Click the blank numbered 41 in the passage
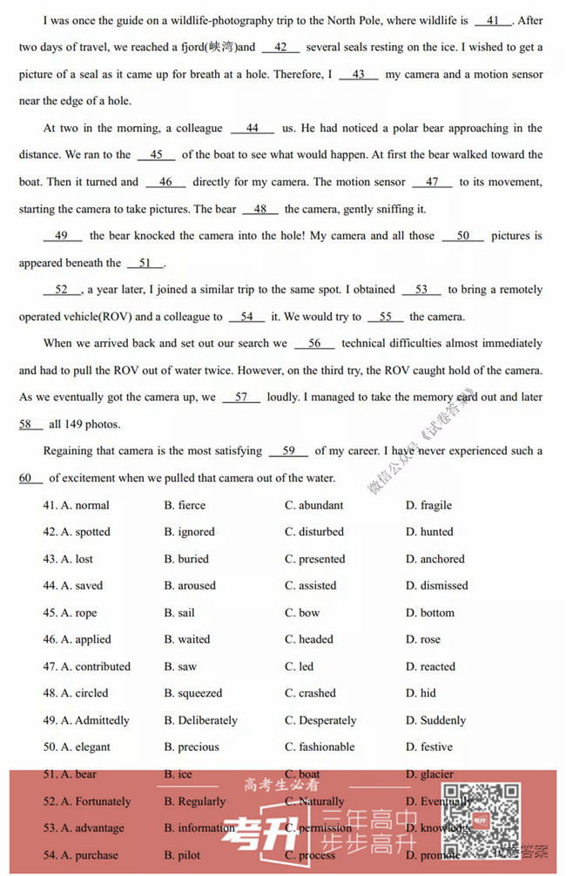[x=494, y=21]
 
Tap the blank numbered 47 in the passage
[x=433, y=182]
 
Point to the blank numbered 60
[x=30, y=478]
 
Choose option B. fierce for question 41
[x=185, y=505]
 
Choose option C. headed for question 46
[x=308, y=639]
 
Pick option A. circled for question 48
[x=84, y=693]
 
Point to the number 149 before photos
[x=77, y=425]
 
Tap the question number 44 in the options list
[x=50, y=586]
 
